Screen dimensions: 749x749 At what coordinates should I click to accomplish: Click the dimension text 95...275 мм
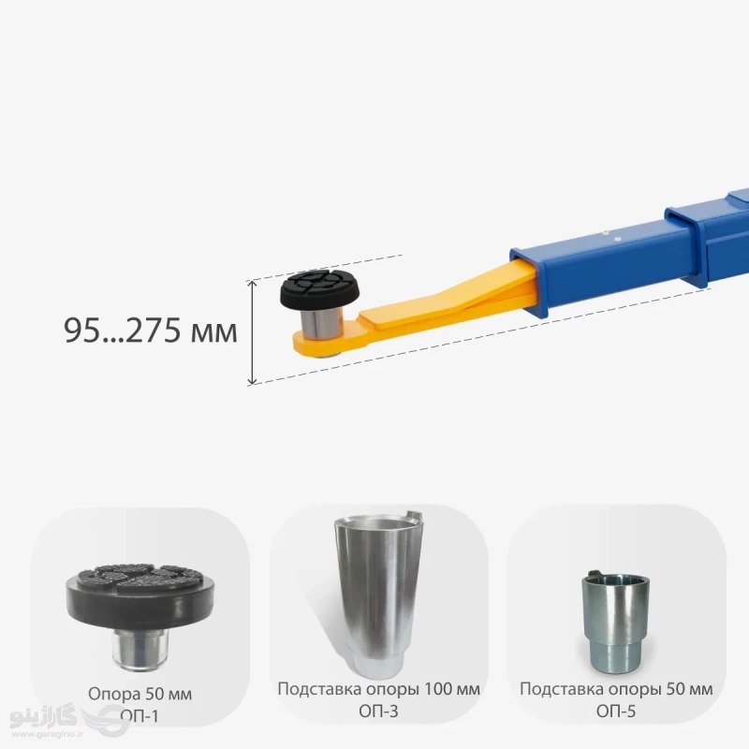click(151, 330)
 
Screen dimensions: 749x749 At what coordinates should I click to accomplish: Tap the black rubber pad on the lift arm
click(310, 290)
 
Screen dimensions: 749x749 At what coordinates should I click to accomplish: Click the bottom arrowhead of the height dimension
click(253, 381)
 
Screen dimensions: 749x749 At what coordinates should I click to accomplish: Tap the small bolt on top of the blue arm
click(606, 233)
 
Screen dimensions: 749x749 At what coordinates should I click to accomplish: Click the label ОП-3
click(378, 712)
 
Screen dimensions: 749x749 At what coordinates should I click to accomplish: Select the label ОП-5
click(616, 712)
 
